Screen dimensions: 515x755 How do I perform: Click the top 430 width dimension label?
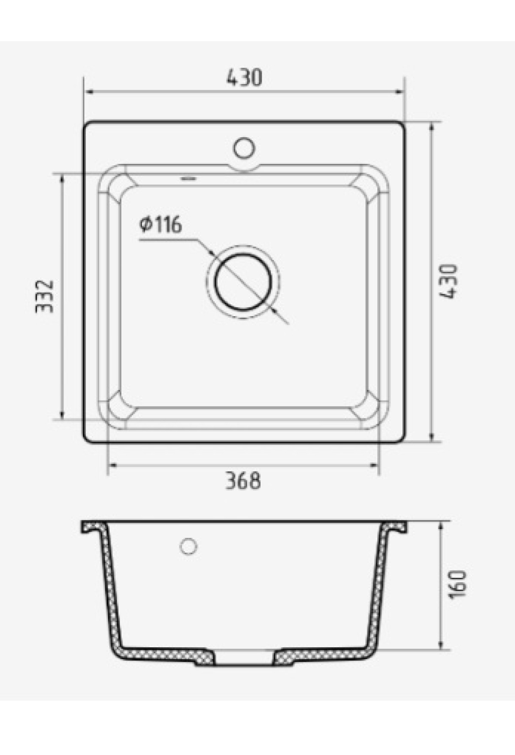(x=244, y=77)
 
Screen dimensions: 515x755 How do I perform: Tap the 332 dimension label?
(x=44, y=296)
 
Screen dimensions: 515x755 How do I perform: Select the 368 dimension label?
(x=243, y=480)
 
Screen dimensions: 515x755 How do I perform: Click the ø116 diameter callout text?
(x=161, y=224)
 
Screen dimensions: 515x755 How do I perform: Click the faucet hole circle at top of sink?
(x=244, y=148)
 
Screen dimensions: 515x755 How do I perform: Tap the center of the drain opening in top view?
(x=243, y=283)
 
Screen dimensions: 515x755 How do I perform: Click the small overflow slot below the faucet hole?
(x=188, y=178)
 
